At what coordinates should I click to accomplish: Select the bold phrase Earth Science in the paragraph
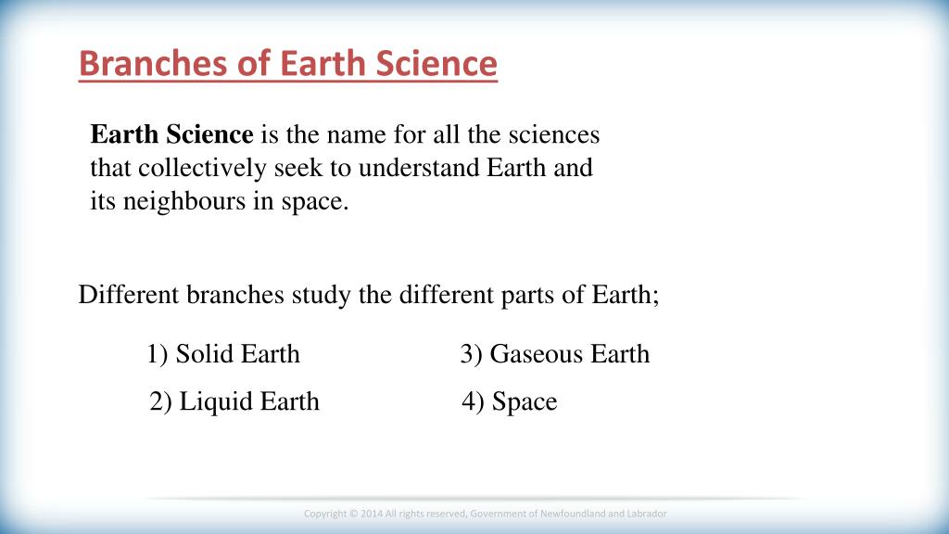pos(171,133)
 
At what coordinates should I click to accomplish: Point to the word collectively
pos(202,168)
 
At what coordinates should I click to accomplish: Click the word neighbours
pos(184,201)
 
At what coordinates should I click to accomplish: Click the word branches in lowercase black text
pos(234,295)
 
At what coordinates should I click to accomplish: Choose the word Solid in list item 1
pos(203,353)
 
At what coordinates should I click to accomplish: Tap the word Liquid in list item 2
pos(210,402)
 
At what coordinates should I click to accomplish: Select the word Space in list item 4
pos(525,402)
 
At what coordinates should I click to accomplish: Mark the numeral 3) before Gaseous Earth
pos(471,354)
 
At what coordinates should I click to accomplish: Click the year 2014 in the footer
pos(372,514)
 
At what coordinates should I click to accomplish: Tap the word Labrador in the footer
pos(647,514)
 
